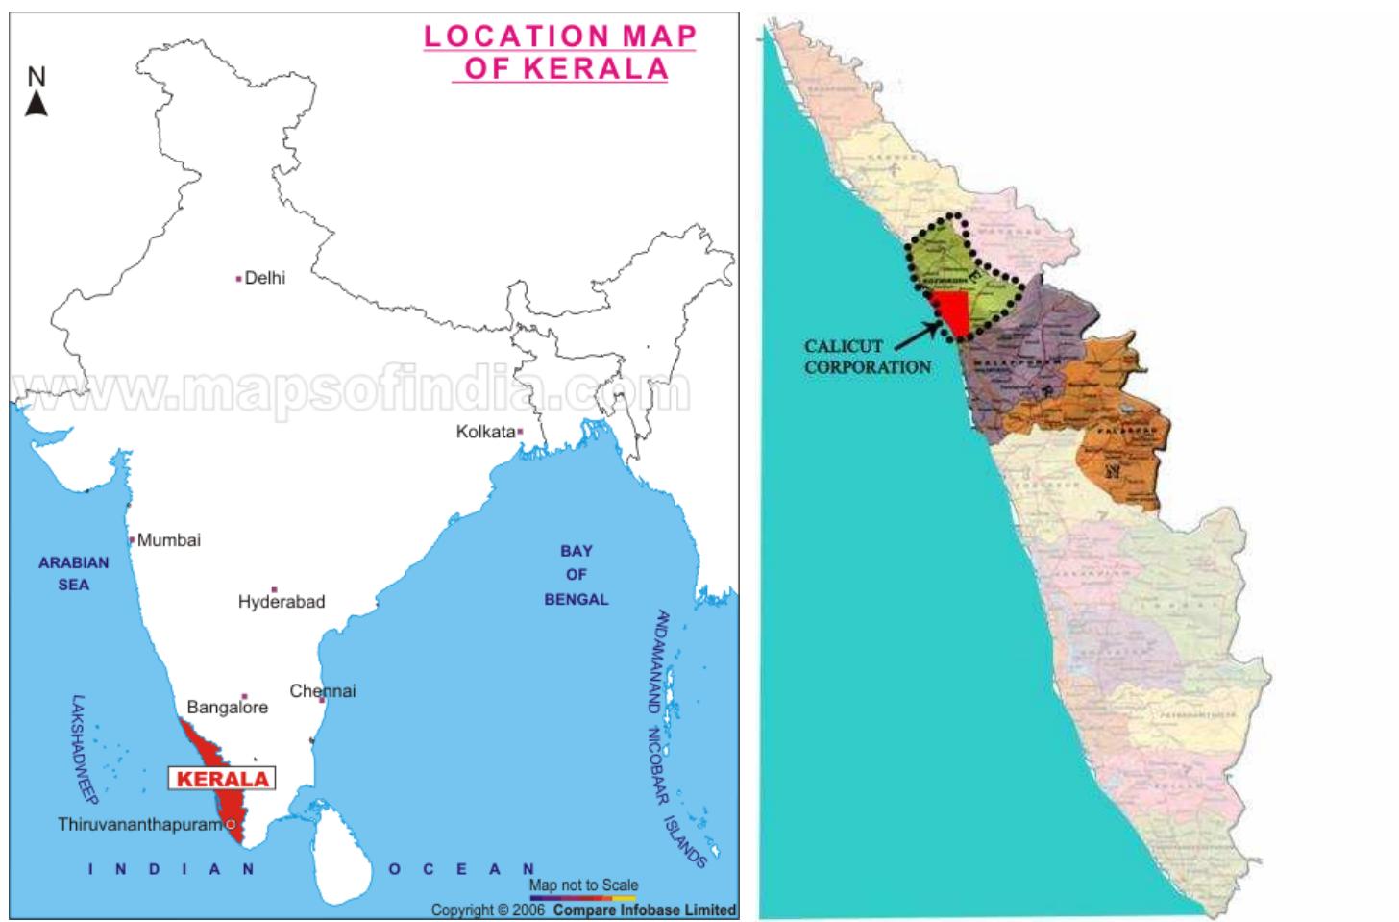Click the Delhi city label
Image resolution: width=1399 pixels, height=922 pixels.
(x=264, y=278)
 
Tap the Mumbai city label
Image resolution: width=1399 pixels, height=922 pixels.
(x=168, y=540)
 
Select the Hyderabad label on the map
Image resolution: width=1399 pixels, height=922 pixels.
(x=282, y=602)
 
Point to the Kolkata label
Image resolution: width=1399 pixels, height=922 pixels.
(x=485, y=432)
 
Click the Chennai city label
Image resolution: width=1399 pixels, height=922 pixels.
(x=323, y=691)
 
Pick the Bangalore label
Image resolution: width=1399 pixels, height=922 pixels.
(x=228, y=708)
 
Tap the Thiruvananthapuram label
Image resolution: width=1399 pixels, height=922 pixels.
(x=140, y=825)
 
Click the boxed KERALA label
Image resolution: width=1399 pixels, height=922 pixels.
(x=222, y=779)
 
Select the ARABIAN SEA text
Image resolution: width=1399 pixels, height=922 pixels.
(x=74, y=573)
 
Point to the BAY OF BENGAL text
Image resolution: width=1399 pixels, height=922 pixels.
(x=577, y=575)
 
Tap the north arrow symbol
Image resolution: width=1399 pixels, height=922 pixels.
(x=37, y=92)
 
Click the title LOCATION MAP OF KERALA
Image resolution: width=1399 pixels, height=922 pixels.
(x=560, y=52)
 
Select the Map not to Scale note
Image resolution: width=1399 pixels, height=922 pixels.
(x=583, y=885)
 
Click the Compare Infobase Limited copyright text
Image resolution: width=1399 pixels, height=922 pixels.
(x=583, y=910)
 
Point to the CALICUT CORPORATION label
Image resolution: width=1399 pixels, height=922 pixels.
(x=867, y=357)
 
